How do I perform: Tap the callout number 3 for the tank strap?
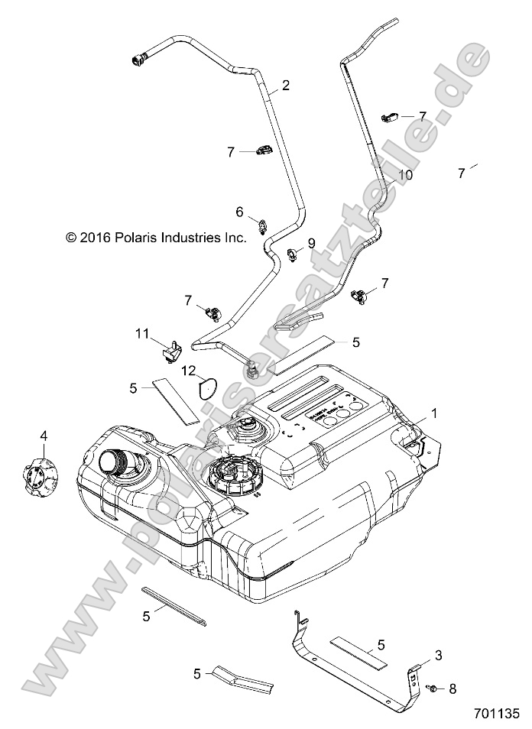point(438,655)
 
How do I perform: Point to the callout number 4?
point(44,436)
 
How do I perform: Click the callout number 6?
point(238,211)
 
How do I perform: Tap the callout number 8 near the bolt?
point(453,688)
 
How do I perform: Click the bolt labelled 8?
point(431,689)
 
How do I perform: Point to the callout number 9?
point(311,242)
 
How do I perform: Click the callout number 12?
point(188,371)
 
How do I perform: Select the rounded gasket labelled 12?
point(207,387)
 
